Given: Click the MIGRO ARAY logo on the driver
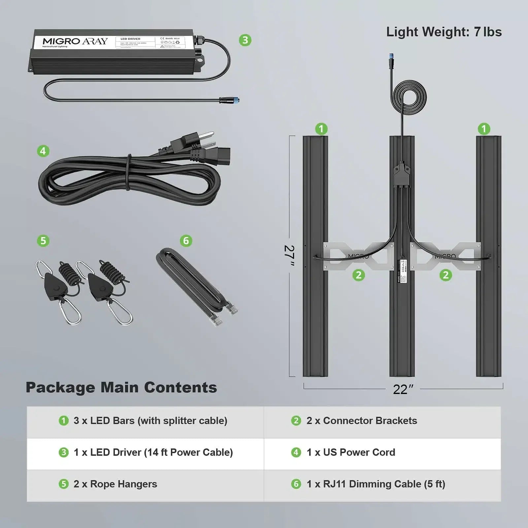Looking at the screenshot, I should [75, 41].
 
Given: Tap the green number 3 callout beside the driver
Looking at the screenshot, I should [245, 40].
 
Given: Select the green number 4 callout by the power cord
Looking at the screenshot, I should [43, 151].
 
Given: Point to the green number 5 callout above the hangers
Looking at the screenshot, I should [43, 241].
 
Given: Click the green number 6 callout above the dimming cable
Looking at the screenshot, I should [186, 241].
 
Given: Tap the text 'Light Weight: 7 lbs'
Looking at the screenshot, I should [444, 32].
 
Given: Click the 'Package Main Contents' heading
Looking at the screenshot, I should [121, 387].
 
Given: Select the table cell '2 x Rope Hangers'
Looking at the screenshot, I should [115, 484].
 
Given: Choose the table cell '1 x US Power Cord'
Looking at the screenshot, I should [351, 452].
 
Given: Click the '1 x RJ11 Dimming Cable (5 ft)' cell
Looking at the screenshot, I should [376, 484].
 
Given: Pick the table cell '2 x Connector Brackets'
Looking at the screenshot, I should [362, 421].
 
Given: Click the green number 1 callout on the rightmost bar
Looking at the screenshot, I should [484, 129].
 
